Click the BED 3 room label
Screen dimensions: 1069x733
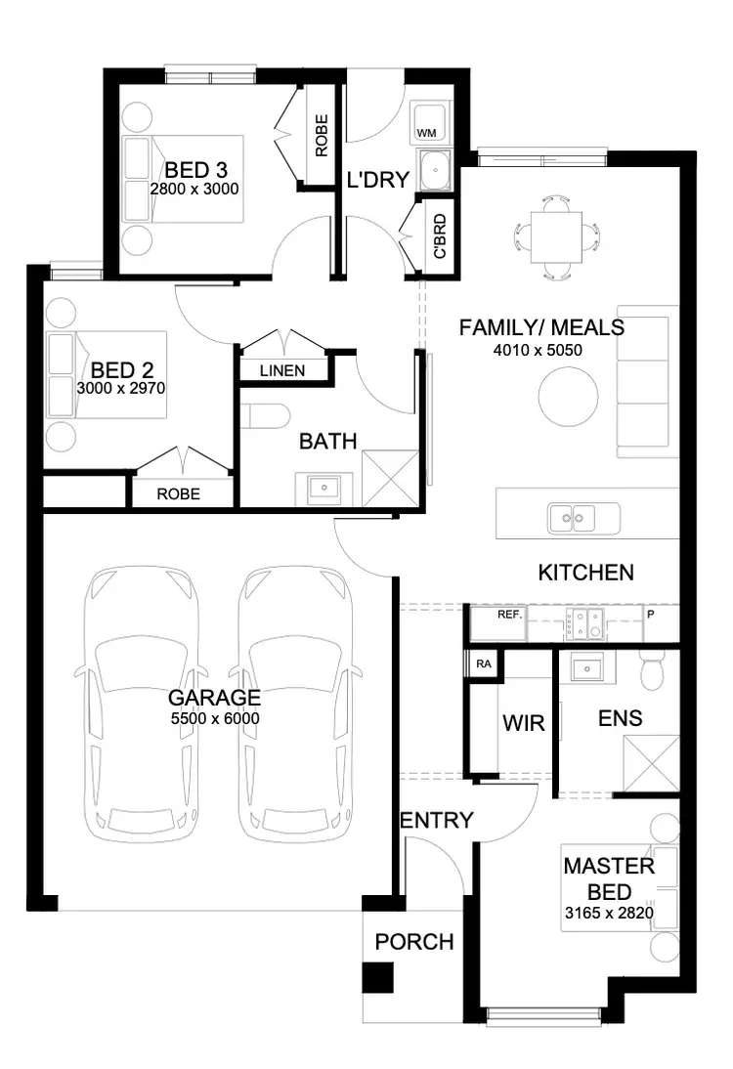point(195,168)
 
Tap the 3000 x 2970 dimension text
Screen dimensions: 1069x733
point(121,388)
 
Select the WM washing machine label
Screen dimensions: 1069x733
point(426,132)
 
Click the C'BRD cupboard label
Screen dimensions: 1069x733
point(440,235)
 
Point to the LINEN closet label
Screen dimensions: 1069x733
point(281,370)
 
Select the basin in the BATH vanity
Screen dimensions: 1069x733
point(321,486)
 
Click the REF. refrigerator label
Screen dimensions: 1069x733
point(509,616)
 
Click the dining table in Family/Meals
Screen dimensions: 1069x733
point(556,236)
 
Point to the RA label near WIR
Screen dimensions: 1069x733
point(483,664)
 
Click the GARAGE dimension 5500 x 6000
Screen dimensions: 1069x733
point(214,717)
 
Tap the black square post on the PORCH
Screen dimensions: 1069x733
point(377,977)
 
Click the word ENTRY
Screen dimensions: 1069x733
point(437,820)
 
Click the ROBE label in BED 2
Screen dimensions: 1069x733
point(178,493)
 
